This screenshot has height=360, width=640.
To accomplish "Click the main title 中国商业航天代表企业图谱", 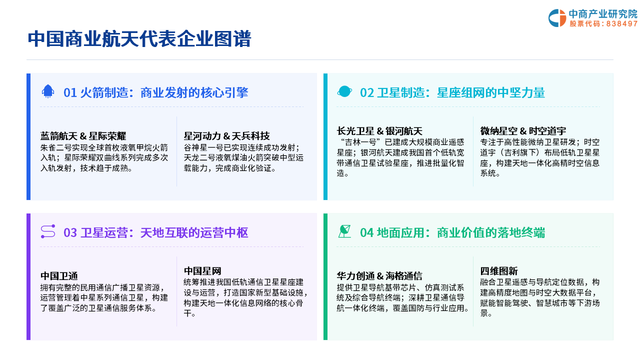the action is click(139, 39).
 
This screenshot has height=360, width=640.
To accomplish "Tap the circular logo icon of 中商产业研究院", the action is click(557, 18).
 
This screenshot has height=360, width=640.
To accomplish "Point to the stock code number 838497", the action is click(621, 23).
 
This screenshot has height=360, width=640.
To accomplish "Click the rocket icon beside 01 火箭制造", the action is click(48, 91).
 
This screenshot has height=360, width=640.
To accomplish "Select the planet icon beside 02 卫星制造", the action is click(344, 91).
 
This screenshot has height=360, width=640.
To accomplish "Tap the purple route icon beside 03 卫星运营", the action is click(48, 231).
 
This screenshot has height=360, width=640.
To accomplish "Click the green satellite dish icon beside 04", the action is click(344, 231).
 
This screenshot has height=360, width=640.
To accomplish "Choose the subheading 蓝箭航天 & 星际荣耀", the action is click(83, 136).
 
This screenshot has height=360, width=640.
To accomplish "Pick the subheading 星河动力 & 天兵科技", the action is click(226, 136).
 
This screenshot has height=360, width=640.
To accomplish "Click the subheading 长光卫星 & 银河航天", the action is click(379, 131).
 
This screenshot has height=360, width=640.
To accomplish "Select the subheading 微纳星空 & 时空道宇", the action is click(523, 131).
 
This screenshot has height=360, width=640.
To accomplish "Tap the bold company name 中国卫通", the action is click(59, 276).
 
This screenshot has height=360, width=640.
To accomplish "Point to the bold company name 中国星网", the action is click(202, 271).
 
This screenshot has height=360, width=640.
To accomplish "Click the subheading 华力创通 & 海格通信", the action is click(379, 276).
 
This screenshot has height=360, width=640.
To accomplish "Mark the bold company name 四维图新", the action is click(499, 271).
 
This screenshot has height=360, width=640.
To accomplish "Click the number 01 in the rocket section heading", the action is click(70, 93).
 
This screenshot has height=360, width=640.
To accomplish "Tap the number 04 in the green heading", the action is click(367, 233).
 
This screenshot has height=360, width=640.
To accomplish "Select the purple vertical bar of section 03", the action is click(28, 276).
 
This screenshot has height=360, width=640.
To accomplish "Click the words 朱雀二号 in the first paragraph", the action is click(56, 147).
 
